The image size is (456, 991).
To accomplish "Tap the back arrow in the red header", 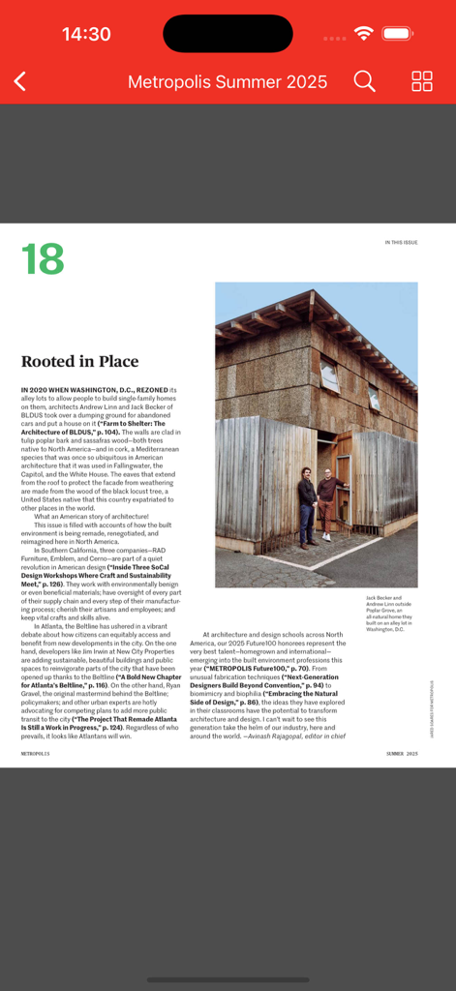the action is pos(20,81).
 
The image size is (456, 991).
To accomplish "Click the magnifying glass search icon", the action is pos(364,81).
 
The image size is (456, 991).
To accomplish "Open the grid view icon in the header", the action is pos(422,81).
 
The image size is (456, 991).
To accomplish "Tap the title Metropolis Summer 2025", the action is pos(228,81).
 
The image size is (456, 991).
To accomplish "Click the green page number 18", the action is pos(43,259).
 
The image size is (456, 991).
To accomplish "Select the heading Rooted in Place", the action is pos(79,362).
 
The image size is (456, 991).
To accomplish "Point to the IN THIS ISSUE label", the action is pos(401,243).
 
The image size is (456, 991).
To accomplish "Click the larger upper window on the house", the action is pos(330,376).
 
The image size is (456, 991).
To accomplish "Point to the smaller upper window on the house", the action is pos(374,398).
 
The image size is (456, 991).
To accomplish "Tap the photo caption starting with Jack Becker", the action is pos(389,613).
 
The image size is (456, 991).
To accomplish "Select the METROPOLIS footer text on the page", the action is pos(36,752).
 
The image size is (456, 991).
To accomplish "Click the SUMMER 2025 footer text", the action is pos(402,752).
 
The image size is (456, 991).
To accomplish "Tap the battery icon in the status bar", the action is pos(398,34).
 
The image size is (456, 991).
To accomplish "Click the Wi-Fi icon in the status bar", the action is pos(364,34).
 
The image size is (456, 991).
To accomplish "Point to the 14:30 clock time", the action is pos(86,34).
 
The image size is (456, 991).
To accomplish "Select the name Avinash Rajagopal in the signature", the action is pos(280,736).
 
